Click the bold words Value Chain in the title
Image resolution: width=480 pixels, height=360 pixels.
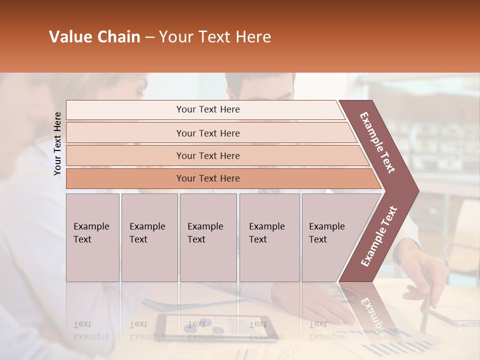[x=94, y=37]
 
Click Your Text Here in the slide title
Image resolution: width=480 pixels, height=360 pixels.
[x=215, y=37]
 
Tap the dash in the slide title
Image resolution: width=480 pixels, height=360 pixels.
[x=149, y=37]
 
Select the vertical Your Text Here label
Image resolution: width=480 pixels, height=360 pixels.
[x=57, y=143]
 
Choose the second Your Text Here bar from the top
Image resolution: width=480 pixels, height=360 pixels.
[x=208, y=133]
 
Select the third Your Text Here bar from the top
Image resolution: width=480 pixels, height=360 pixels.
[x=208, y=155]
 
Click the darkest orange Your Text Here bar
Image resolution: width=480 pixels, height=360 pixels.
[x=208, y=178]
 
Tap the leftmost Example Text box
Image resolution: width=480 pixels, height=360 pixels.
[x=92, y=237]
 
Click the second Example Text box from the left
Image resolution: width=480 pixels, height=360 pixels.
[x=149, y=237]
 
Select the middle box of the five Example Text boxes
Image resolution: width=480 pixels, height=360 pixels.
[x=208, y=237]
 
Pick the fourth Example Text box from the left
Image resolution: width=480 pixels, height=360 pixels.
[x=269, y=237]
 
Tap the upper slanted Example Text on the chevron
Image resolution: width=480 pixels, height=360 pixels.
[x=377, y=142]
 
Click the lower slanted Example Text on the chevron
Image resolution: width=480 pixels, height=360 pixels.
[x=378, y=236]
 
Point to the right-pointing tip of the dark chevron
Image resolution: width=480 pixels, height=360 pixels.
[x=416, y=191]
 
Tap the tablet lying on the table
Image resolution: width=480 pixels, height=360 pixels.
[x=215, y=327]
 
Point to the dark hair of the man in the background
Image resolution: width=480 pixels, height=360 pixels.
[x=260, y=82]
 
